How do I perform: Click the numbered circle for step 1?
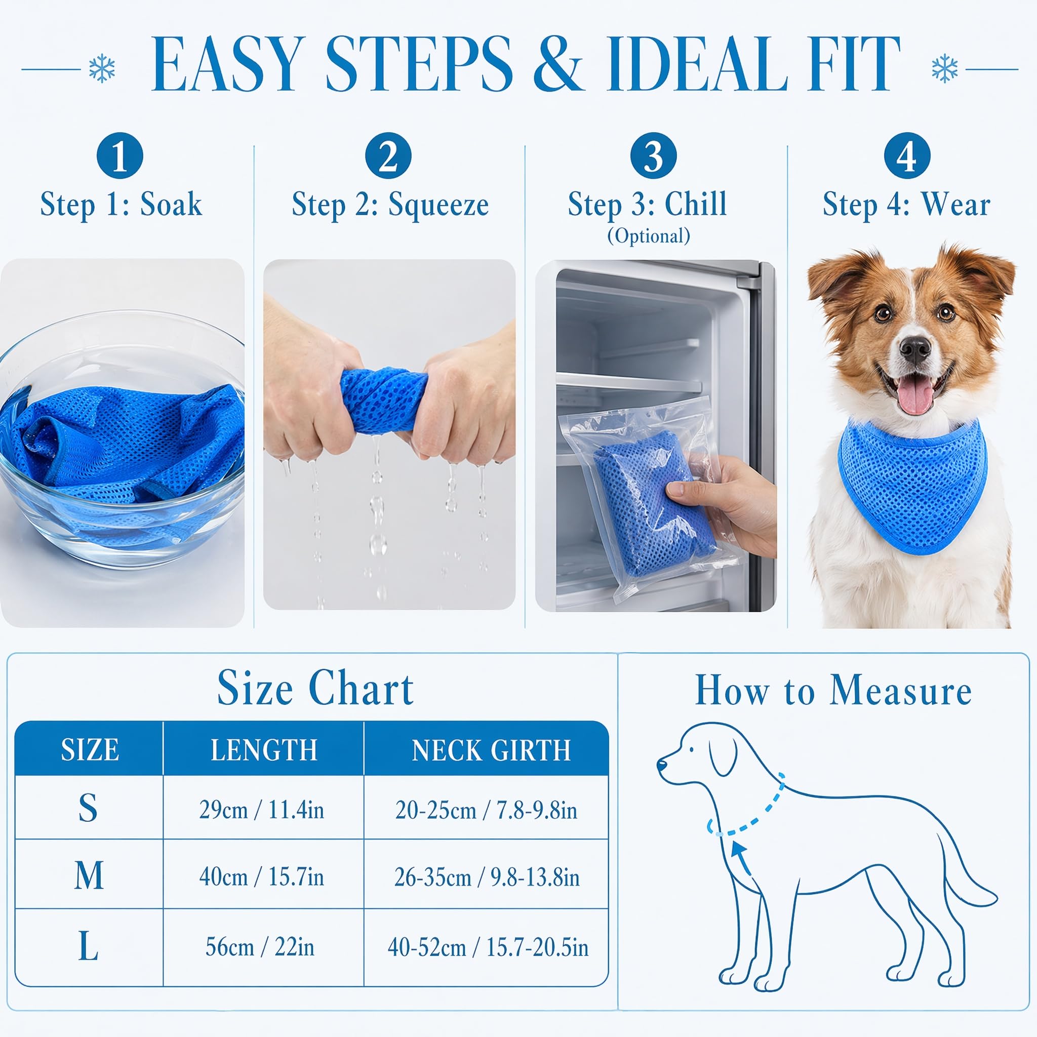(119, 155)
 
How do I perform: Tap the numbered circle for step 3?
(653, 155)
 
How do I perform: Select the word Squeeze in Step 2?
(438, 205)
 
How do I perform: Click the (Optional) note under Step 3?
(649, 235)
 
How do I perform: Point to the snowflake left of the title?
(101, 68)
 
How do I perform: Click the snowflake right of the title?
(945, 68)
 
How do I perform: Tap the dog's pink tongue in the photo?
(915, 393)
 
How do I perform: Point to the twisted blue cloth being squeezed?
(384, 400)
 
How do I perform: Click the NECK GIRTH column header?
(491, 750)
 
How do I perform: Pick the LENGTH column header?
(263, 750)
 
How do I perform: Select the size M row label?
(89, 875)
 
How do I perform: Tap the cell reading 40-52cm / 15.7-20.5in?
(488, 947)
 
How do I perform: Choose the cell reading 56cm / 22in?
(260, 947)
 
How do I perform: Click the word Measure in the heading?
(900, 690)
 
